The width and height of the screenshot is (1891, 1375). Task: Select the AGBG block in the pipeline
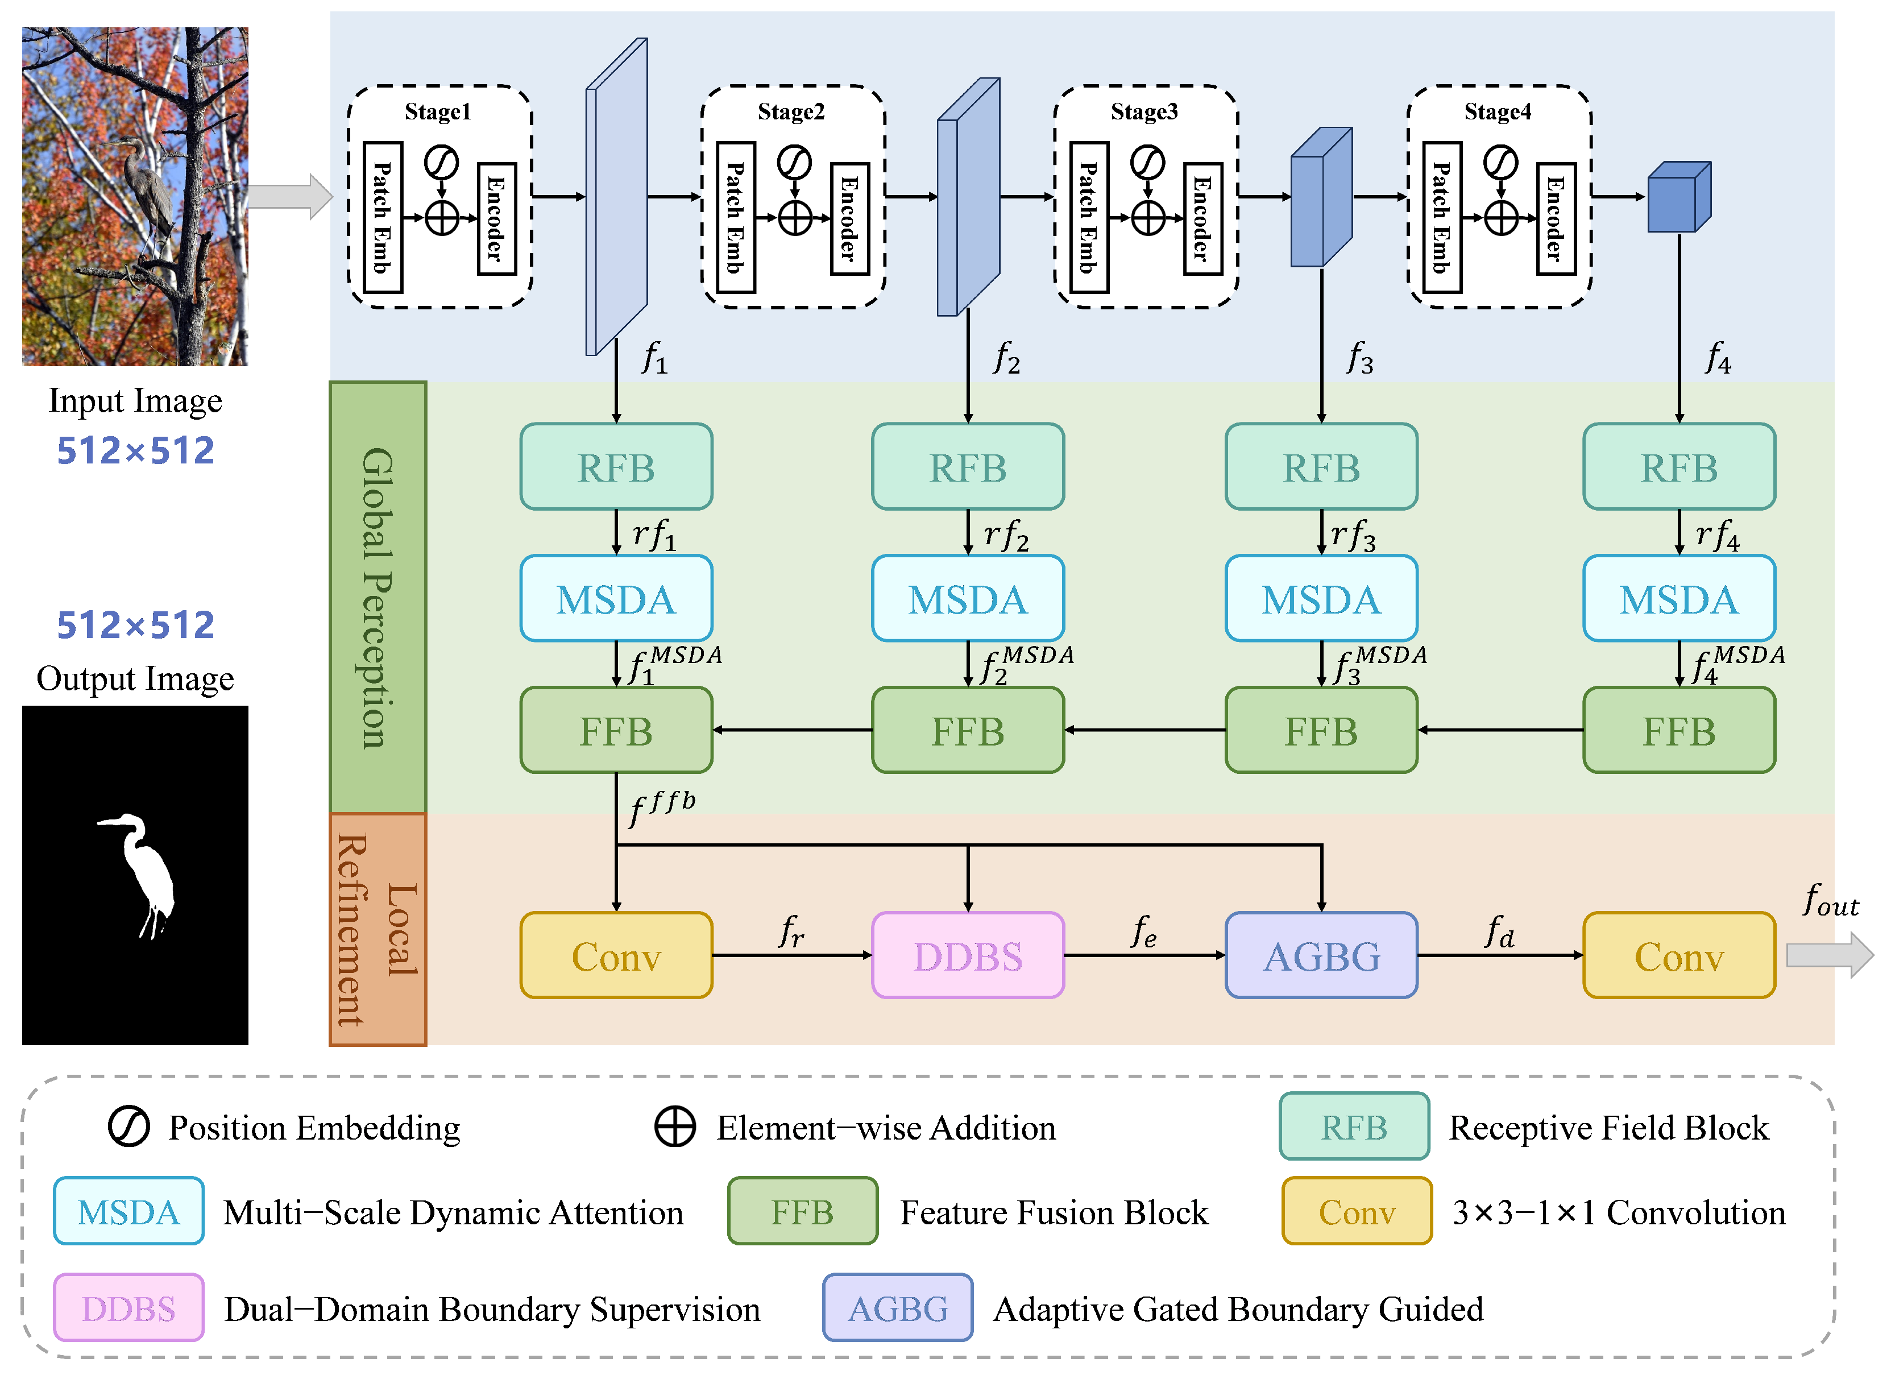click(x=1321, y=955)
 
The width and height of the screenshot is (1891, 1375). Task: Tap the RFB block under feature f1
click(x=616, y=467)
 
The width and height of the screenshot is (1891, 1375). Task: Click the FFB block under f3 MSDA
click(x=1321, y=731)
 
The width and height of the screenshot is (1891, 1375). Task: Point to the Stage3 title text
click(x=1144, y=111)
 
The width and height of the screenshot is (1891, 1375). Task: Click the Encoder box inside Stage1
click(x=496, y=218)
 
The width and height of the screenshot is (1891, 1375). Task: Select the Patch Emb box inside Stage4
click(x=1442, y=218)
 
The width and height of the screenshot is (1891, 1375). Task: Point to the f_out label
click(x=1830, y=901)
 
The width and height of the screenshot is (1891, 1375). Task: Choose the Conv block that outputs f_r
click(x=616, y=955)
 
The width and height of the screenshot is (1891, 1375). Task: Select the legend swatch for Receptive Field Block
click(x=1354, y=1126)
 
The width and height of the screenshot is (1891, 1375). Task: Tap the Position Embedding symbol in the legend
click(x=129, y=1127)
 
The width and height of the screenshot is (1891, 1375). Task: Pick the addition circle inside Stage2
click(x=795, y=218)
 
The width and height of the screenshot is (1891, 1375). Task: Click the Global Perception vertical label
click(x=378, y=597)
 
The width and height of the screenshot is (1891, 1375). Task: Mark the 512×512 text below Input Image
click(x=135, y=451)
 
